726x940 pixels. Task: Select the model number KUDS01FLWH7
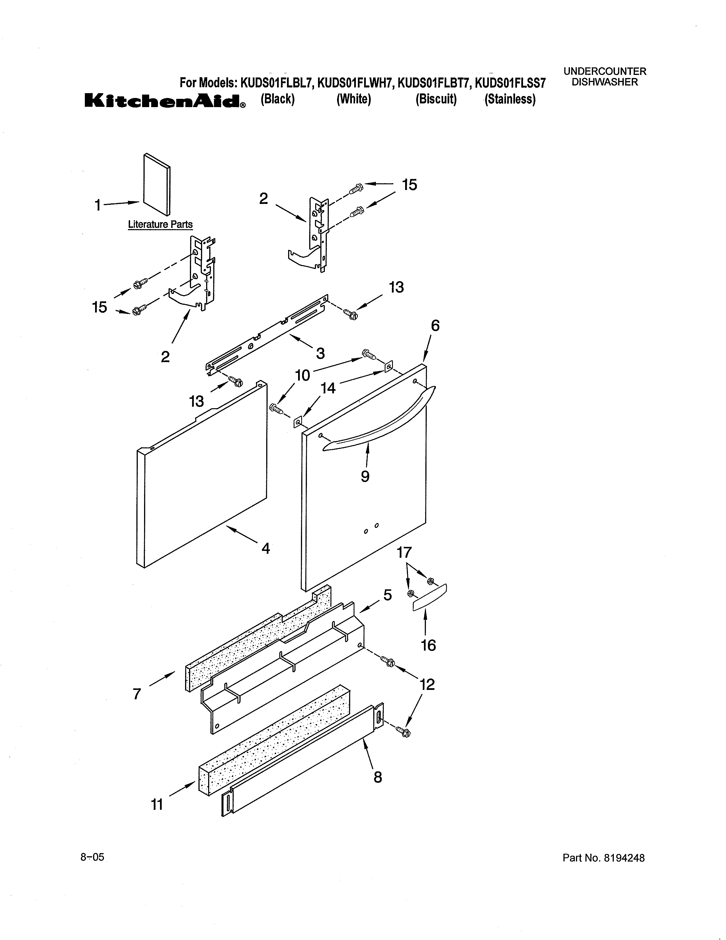point(355,83)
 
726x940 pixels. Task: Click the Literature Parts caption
point(160,224)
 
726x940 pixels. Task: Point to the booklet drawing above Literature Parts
point(157,184)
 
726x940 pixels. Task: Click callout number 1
point(98,205)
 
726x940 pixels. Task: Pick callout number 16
point(428,645)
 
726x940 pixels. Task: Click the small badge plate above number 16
point(430,597)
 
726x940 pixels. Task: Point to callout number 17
point(404,552)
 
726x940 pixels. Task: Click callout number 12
point(427,684)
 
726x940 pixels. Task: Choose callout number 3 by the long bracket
point(320,353)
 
